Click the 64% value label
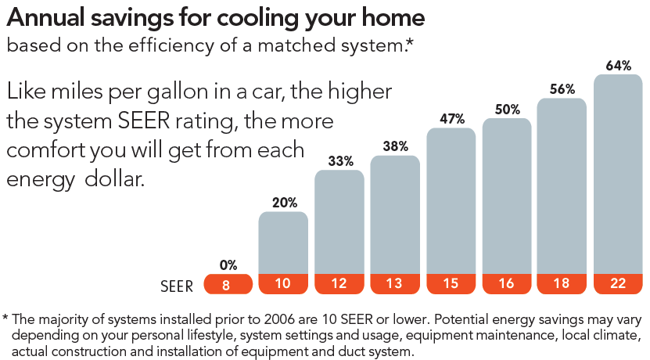click(619, 66)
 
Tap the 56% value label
click(562, 89)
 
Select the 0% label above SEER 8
click(228, 265)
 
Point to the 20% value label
click(284, 203)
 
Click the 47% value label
click(451, 119)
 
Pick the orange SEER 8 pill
click(228, 284)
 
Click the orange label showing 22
click(619, 284)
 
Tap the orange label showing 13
click(395, 284)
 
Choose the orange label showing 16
click(507, 284)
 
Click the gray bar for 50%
click(507, 196)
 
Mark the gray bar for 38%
click(395, 215)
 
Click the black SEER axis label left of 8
click(177, 286)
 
